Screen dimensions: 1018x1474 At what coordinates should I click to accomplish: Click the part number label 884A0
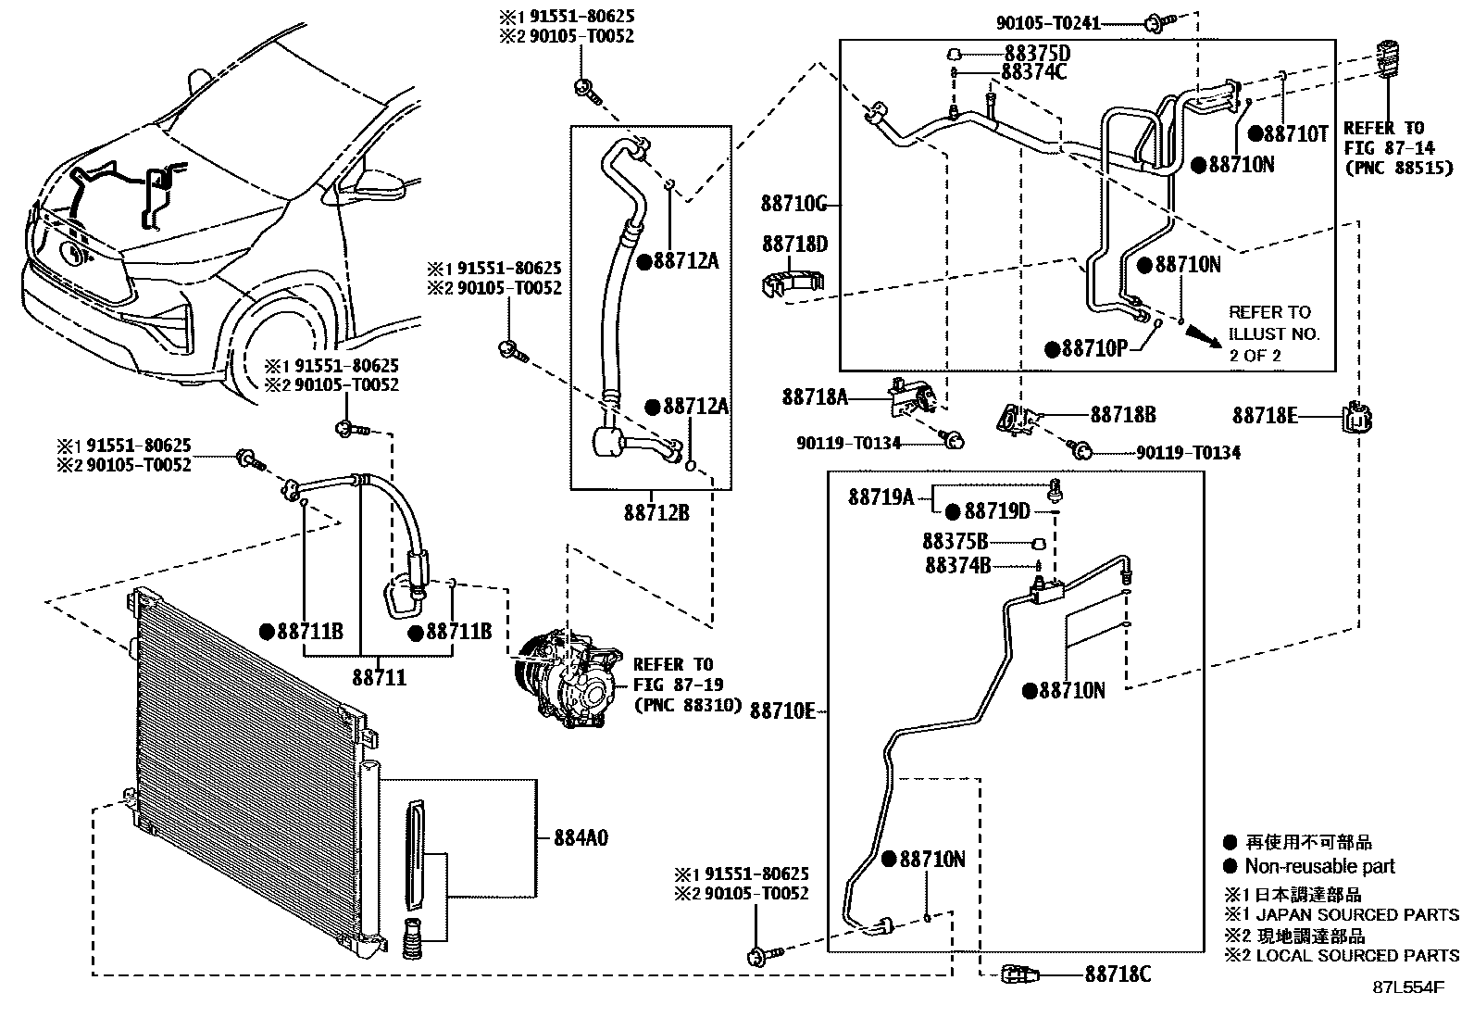[581, 838]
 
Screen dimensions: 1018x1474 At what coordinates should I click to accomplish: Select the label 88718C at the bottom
[1118, 974]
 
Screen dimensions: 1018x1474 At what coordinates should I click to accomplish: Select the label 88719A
[881, 498]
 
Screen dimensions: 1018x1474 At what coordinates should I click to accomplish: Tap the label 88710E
[782, 711]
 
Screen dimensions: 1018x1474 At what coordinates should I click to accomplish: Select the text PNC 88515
[1398, 168]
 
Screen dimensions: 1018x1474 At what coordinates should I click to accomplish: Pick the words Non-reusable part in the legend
[1319, 867]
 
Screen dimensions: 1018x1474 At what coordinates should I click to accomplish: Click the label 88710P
[1095, 349]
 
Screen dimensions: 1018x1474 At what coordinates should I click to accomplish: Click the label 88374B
[957, 565]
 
